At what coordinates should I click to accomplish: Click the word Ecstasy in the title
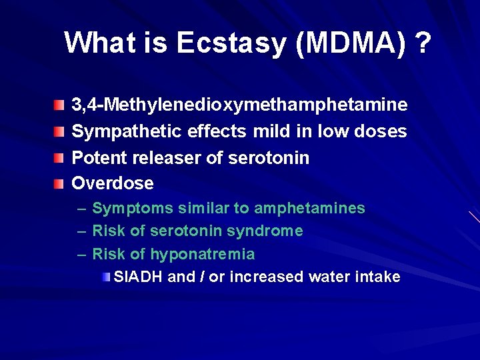pyautogui.click(x=231, y=43)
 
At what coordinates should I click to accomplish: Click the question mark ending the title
pyautogui.click(x=421, y=43)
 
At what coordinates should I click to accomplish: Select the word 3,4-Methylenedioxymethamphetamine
pyautogui.click(x=239, y=105)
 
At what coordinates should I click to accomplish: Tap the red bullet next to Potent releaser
pyautogui.click(x=61, y=158)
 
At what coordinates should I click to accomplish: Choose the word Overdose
pyautogui.click(x=113, y=183)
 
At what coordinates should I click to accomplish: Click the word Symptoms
pyautogui.click(x=132, y=209)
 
